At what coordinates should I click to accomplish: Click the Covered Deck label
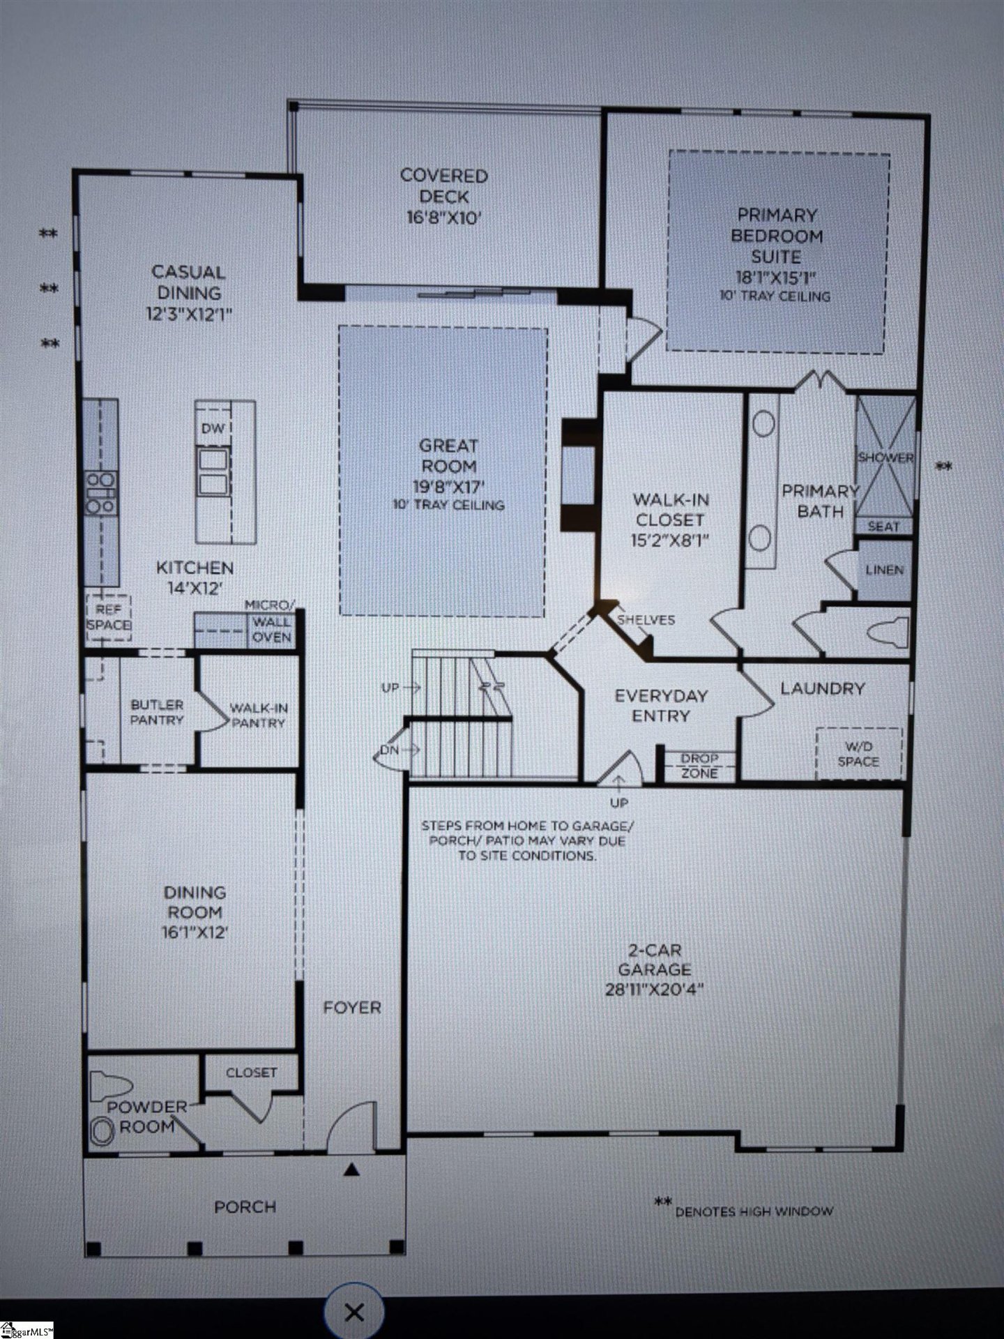click(443, 197)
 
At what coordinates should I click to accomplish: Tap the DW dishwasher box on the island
click(213, 429)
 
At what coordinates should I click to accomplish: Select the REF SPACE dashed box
click(109, 617)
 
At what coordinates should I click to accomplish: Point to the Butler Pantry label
click(157, 712)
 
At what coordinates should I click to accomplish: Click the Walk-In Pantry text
click(259, 715)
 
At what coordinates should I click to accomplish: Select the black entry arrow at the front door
click(352, 1170)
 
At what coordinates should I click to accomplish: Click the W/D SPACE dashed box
click(858, 754)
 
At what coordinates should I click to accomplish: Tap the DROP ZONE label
click(699, 766)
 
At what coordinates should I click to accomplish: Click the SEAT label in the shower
click(883, 527)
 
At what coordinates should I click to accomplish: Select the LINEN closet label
click(884, 570)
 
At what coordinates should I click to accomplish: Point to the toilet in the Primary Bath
click(888, 633)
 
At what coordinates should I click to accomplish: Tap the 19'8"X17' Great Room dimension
click(448, 486)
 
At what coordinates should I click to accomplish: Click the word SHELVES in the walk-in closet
click(646, 620)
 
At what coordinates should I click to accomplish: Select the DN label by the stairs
click(389, 750)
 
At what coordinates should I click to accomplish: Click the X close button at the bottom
click(354, 1312)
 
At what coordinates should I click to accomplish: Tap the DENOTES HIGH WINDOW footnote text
click(753, 1211)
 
